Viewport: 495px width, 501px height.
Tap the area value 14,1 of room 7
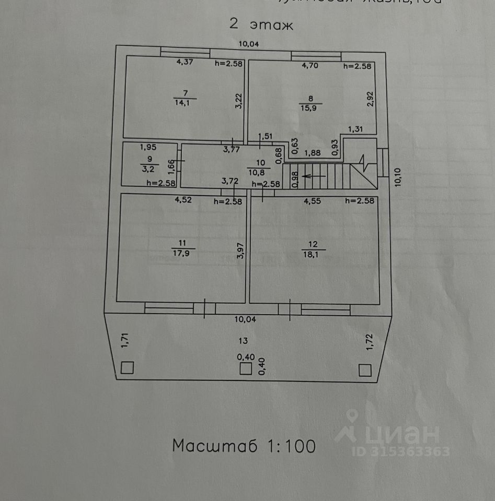[186, 103]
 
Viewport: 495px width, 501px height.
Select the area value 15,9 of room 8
[312, 108]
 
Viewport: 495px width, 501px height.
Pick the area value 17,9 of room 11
[182, 253]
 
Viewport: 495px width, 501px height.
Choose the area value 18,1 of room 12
[313, 254]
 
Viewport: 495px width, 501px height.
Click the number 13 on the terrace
[243, 341]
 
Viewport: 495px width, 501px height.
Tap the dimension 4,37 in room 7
[185, 63]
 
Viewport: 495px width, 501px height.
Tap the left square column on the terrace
[127, 368]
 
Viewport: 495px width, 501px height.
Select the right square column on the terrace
[365, 370]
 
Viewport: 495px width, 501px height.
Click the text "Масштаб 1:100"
[244, 446]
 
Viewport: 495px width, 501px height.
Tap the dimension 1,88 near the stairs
[313, 153]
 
